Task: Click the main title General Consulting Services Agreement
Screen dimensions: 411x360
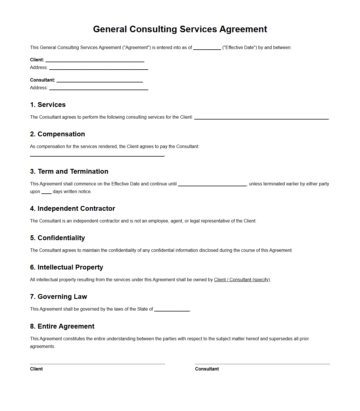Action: pyautogui.click(x=180, y=29)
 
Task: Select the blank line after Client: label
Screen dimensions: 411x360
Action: pyautogui.click(x=95, y=60)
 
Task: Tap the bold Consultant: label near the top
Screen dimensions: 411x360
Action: pyautogui.click(x=42, y=80)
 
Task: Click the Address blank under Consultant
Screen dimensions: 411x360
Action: pyautogui.click(x=99, y=89)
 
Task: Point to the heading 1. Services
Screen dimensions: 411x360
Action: pyautogui.click(x=48, y=105)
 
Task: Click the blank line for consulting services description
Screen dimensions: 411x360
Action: pyautogui.click(x=261, y=118)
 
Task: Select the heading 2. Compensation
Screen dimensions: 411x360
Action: pyautogui.click(x=58, y=134)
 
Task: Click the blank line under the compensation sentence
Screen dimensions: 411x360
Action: pyautogui.click(x=97, y=155)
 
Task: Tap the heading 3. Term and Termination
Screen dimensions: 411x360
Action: pyautogui.click(x=69, y=171)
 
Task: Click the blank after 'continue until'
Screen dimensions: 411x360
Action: pyautogui.click(x=212, y=185)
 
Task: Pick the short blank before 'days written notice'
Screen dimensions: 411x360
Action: pyautogui.click(x=46, y=193)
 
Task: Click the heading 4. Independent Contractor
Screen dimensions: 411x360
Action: pyautogui.click(x=73, y=208)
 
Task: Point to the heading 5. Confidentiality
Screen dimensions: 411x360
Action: pyautogui.click(x=58, y=238)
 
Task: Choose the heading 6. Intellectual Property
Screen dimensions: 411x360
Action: pyautogui.click(x=67, y=267)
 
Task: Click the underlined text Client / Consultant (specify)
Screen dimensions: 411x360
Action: pyautogui.click(x=242, y=280)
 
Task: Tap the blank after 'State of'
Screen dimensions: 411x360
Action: pyautogui.click(x=172, y=310)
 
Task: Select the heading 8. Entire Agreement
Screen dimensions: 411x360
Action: pyautogui.click(x=62, y=326)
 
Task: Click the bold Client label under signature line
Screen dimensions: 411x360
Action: pyautogui.click(x=36, y=369)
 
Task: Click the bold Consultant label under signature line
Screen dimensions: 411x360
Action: pyautogui.click(x=207, y=369)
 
